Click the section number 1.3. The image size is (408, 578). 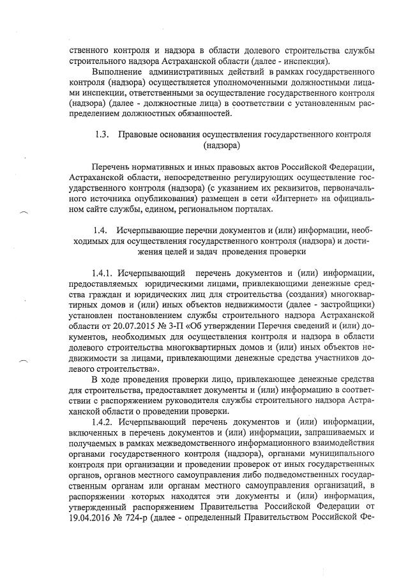click(x=101, y=135)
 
